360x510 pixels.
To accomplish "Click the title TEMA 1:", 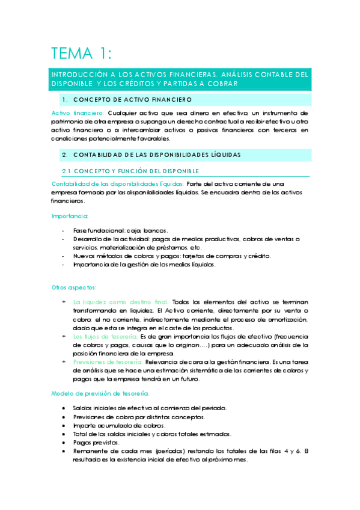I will pos(81,54).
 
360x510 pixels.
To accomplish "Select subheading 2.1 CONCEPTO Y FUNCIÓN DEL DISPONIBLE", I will pos(131,171).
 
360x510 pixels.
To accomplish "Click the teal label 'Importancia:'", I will pos(69,216).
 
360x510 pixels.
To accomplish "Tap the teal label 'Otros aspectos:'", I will pos(73,287).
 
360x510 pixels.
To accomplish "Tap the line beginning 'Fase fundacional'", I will pos(120,230).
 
